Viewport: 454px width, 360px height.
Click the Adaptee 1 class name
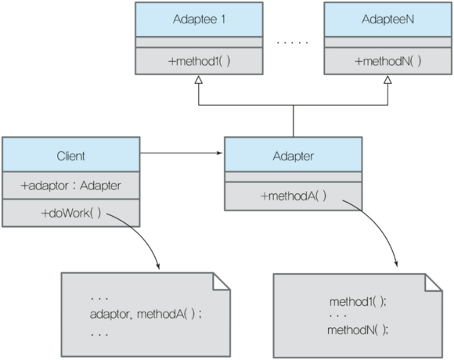pyautogui.click(x=199, y=20)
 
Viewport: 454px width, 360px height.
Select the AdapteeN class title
pyautogui.click(x=387, y=19)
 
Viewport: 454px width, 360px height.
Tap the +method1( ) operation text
pyautogui.click(x=199, y=61)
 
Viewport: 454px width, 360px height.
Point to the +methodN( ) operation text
pyautogui.click(x=387, y=61)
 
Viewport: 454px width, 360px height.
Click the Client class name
pyautogui.click(x=70, y=156)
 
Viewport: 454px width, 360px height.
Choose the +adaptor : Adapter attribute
pyautogui.click(x=70, y=185)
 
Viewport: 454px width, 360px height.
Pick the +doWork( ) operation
pyautogui.click(x=71, y=214)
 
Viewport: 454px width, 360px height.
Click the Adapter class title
pyautogui.click(x=293, y=156)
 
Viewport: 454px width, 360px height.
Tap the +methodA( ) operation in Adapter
pyautogui.click(x=294, y=196)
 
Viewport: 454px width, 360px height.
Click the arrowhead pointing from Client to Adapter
pyautogui.click(x=220, y=153)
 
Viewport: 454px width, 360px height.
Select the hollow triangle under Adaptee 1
pyautogui.click(x=198, y=80)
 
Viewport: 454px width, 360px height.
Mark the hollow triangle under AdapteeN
pyautogui.click(x=387, y=80)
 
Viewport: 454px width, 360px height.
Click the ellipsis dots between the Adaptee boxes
pyautogui.click(x=293, y=42)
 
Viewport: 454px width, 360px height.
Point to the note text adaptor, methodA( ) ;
pyautogui.click(x=146, y=314)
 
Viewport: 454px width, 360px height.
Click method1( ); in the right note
pyautogui.click(x=358, y=302)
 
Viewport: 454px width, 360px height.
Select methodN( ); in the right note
pyautogui.click(x=358, y=329)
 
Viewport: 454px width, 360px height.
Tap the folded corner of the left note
pyautogui.click(x=222, y=281)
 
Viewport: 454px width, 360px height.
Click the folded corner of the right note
pyautogui.click(x=434, y=283)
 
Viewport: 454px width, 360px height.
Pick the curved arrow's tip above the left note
pyautogui.click(x=158, y=268)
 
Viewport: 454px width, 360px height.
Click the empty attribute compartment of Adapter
pyautogui.click(x=294, y=177)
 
